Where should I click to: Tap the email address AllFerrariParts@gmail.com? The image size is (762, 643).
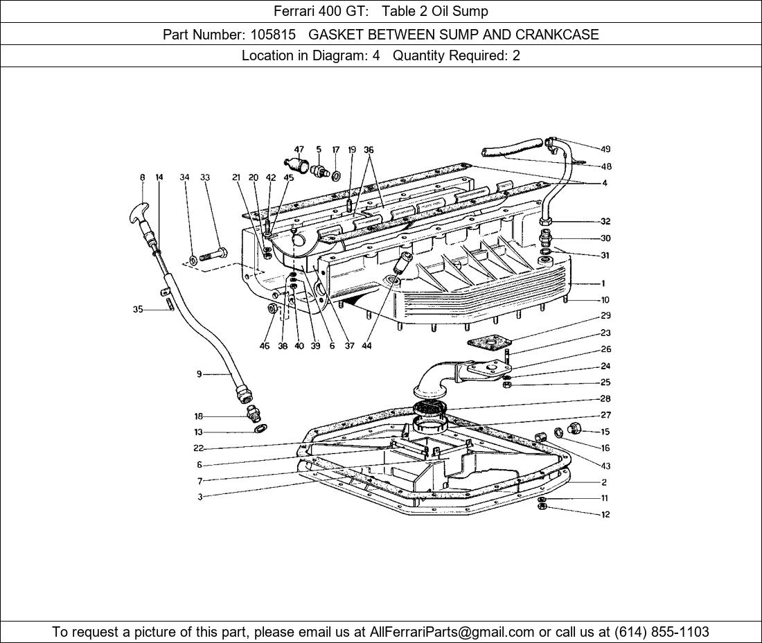click(x=452, y=632)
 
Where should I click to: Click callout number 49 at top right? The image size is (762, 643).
click(x=605, y=149)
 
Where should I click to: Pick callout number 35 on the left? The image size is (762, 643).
click(x=138, y=310)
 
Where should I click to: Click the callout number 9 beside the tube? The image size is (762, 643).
click(x=199, y=374)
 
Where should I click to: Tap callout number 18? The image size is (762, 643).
click(x=199, y=416)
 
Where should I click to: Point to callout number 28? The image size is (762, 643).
click(x=605, y=399)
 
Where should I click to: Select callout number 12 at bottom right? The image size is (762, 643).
click(x=605, y=514)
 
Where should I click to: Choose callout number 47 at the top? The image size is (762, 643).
click(x=299, y=150)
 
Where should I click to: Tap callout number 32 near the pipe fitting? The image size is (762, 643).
click(x=605, y=222)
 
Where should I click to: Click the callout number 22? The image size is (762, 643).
click(x=199, y=448)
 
